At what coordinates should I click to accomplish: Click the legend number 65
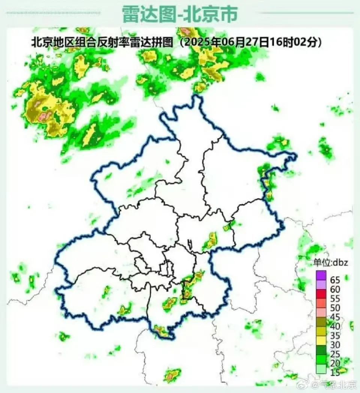point(335,280)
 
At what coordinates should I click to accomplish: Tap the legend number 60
point(335,289)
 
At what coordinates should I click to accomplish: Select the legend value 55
point(335,298)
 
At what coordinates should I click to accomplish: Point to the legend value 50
point(335,308)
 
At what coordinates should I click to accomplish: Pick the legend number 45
point(335,317)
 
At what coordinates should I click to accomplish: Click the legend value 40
point(335,326)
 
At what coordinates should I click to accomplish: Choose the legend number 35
point(335,336)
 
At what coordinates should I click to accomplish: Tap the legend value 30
point(335,345)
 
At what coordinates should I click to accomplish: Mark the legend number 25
point(335,354)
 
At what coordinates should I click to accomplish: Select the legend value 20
point(335,363)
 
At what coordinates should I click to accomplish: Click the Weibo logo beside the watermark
point(312,385)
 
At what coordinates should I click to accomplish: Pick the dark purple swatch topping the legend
point(321,276)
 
